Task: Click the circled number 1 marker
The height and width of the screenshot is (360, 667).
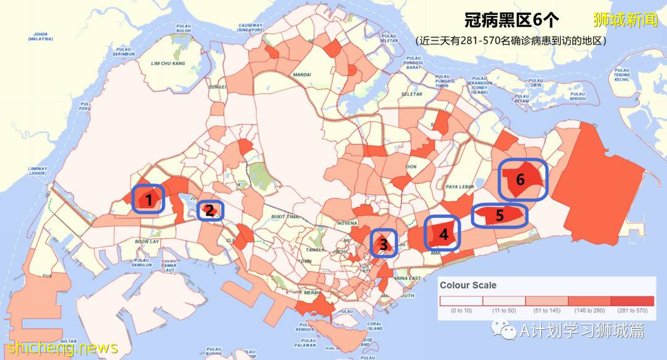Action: click(148, 199)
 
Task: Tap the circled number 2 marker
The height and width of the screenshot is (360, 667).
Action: click(210, 211)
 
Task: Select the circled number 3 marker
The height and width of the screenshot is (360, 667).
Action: click(384, 244)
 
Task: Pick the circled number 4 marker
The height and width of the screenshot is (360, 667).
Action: click(443, 233)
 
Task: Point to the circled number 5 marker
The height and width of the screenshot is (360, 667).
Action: click(500, 216)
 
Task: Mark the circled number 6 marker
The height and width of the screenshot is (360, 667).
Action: click(522, 180)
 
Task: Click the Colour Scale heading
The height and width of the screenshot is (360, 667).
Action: click(468, 285)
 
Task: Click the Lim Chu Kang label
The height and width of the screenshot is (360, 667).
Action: click(168, 63)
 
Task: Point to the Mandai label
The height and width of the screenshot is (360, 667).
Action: click(303, 75)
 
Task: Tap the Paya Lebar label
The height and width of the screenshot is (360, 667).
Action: click(459, 186)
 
